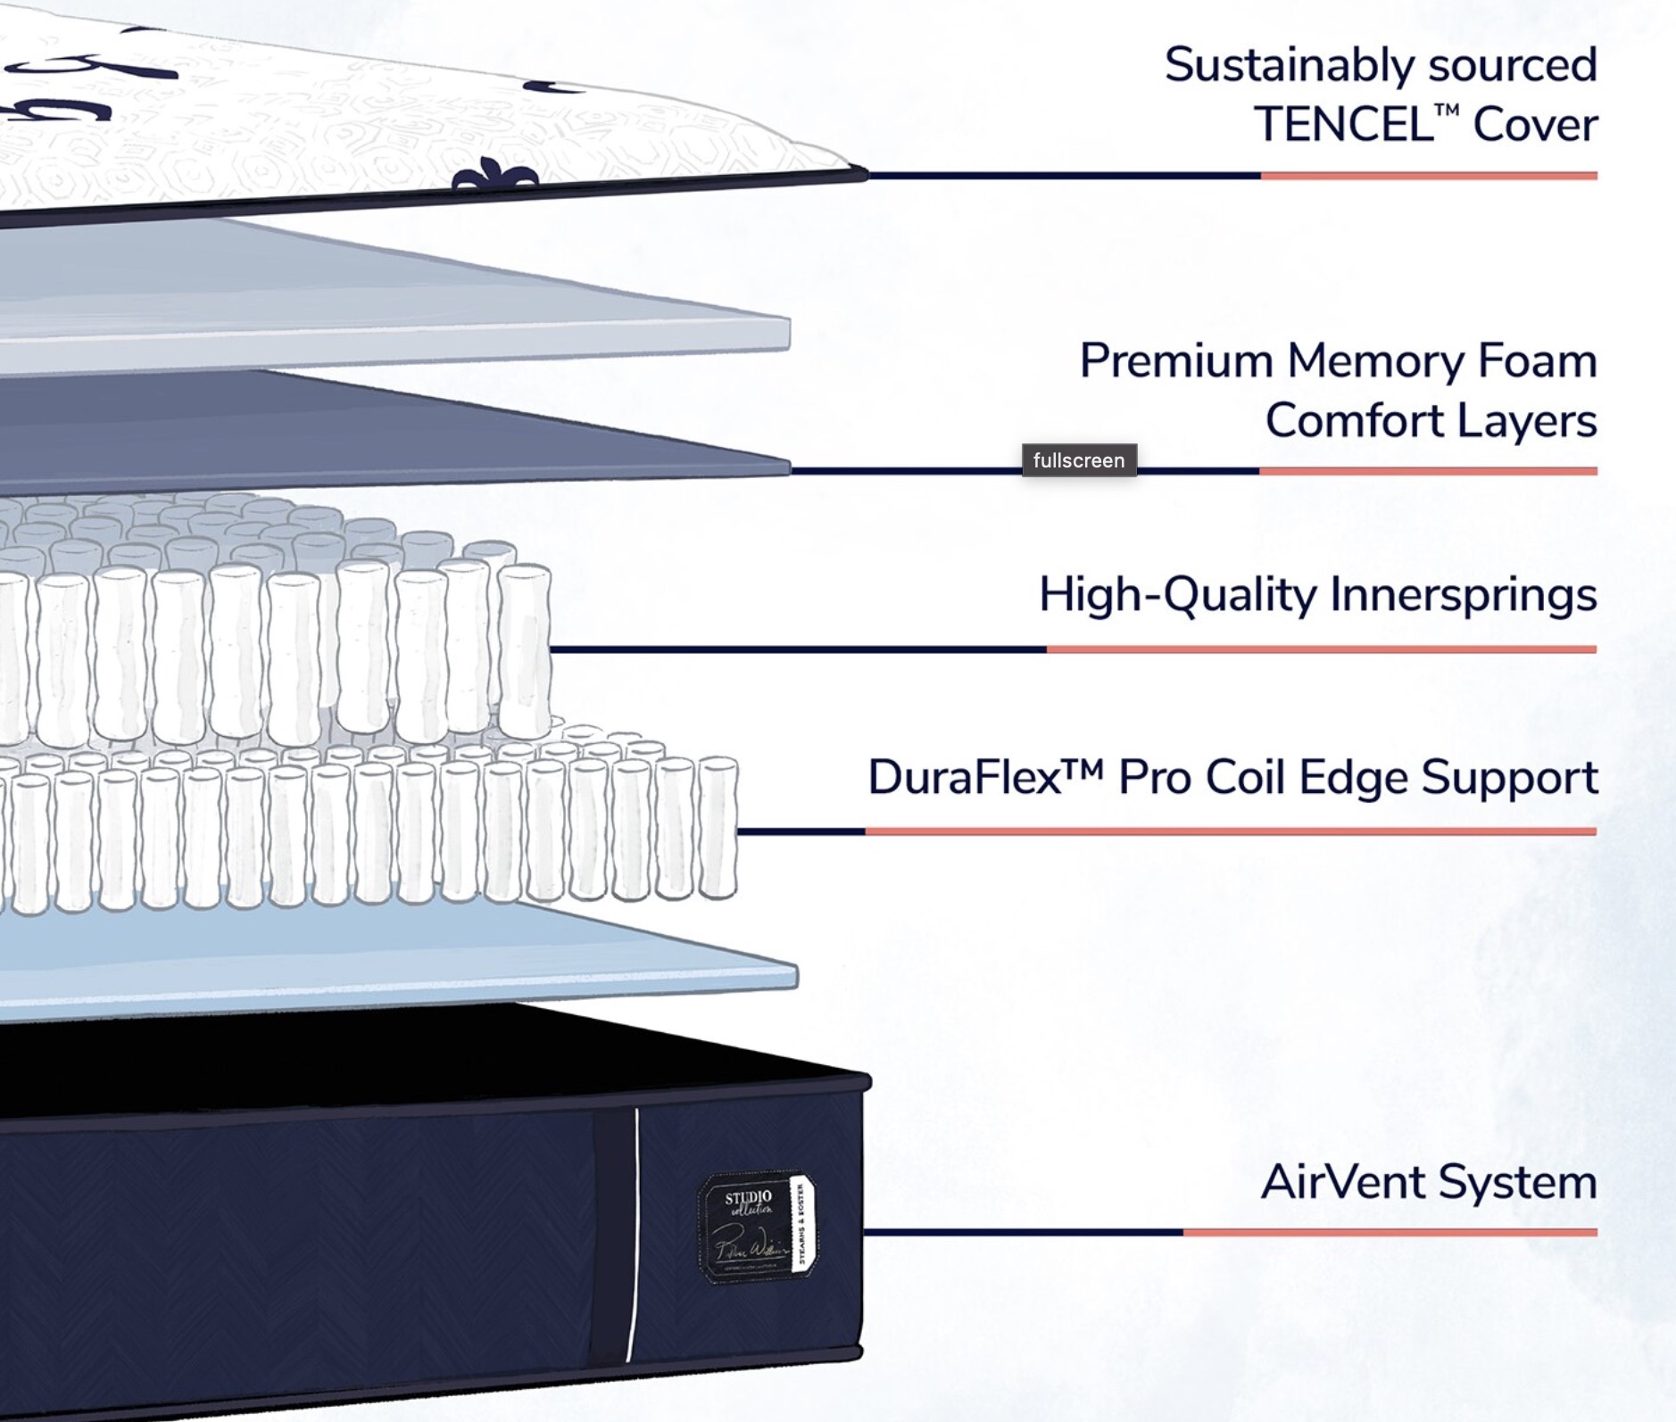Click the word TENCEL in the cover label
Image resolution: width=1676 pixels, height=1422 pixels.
coord(1342,124)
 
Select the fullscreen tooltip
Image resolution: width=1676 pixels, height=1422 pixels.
coord(1078,460)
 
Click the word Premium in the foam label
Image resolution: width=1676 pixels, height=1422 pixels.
coord(1175,361)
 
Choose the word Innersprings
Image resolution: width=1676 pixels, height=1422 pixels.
coord(1463,594)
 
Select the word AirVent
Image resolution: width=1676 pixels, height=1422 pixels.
coord(1342,1182)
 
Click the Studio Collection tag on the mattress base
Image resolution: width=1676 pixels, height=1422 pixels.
coord(755,1227)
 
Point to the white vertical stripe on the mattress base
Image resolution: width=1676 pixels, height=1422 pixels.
coord(633,1240)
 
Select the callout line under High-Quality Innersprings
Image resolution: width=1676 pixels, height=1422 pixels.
coord(1071,649)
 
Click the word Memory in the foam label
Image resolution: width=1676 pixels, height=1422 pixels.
coord(1374,361)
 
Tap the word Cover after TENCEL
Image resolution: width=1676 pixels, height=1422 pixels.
coord(1535,124)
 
